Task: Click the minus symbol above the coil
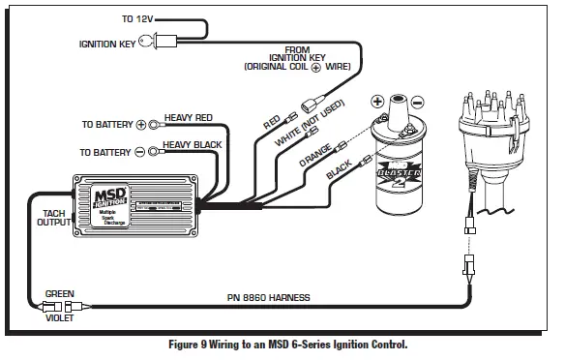pos(417,101)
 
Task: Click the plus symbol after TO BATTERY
pos(140,125)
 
